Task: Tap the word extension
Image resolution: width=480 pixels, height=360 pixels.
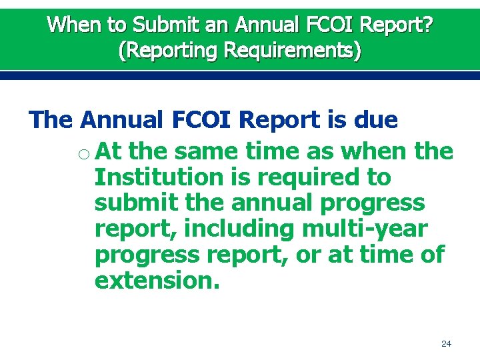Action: coord(157,280)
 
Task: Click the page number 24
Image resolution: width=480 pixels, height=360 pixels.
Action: coord(447,344)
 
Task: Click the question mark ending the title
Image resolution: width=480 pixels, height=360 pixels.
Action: coord(427,25)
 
